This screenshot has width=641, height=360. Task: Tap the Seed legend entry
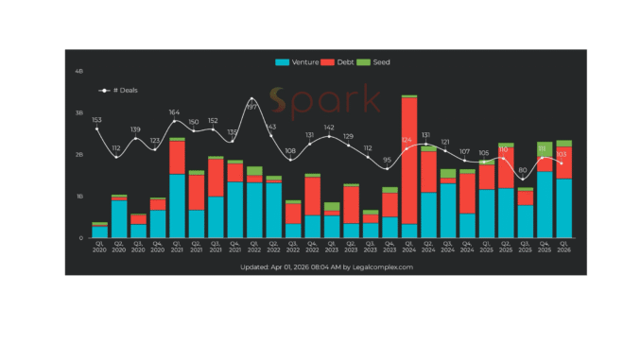[x=381, y=62]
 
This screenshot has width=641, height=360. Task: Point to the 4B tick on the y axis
[x=79, y=71]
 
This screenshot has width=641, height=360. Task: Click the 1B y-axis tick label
[x=79, y=197]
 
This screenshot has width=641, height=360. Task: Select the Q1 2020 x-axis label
[x=99, y=248]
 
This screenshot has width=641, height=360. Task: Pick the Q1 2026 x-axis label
[x=563, y=248]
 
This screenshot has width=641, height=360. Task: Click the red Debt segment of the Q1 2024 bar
[x=409, y=161]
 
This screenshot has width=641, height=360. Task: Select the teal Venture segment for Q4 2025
[x=545, y=204]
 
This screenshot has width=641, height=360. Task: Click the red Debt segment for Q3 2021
[x=216, y=178]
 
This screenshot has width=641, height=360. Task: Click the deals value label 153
[x=97, y=120]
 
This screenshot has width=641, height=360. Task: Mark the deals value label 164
[x=174, y=112]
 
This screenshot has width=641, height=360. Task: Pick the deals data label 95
[x=387, y=160]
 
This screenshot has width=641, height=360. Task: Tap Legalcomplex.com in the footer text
[x=385, y=267]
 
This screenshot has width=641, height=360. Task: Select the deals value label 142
[x=329, y=127]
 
